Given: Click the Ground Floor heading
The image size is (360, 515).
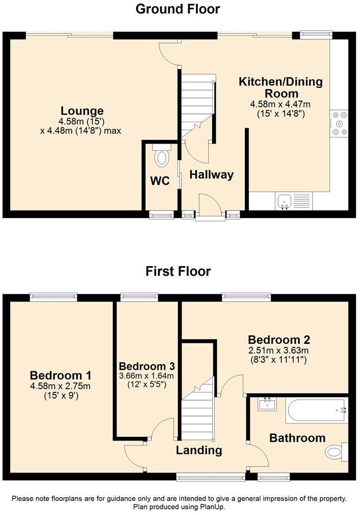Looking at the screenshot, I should coord(178,9).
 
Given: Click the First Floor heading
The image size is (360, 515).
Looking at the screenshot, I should coord(178,271).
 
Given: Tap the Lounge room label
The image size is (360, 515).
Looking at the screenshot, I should coord(82,111).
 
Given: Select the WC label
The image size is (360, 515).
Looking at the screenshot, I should coord(160,181).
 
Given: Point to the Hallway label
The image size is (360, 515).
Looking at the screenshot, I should coord(211,175).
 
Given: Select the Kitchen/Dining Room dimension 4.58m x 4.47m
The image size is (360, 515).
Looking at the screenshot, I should coord(280,104).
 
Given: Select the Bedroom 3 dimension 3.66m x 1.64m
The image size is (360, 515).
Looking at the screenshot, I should coord(147,376).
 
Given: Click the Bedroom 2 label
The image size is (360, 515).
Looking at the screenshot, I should coord(279,340).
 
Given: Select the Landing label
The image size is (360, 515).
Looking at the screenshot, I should coord(199,450).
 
